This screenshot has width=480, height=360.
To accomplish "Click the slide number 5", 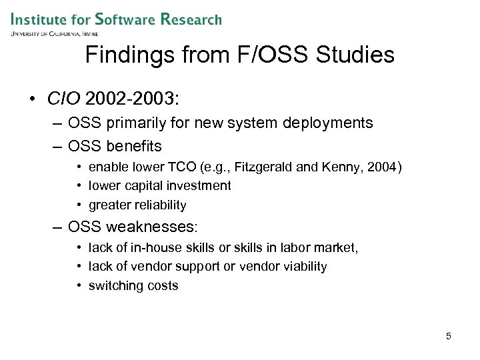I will click(449, 336).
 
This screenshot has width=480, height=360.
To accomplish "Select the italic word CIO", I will click(62, 100).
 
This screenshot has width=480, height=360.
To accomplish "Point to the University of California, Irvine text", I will click(55, 33).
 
